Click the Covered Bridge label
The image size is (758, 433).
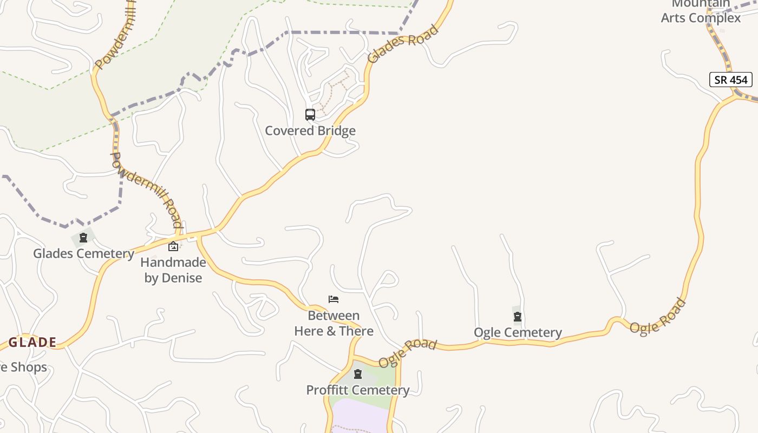click(310, 130)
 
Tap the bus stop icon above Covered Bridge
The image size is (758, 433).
click(310, 115)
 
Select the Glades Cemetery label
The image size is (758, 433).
click(83, 253)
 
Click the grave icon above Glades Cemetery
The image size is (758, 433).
click(83, 238)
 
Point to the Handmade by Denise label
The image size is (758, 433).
click(173, 270)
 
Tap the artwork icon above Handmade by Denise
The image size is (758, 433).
click(173, 246)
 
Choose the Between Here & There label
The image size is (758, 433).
click(334, 323)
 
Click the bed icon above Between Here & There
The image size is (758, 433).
click(334, 299)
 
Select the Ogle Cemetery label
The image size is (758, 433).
click(518, 332)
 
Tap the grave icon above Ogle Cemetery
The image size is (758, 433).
click(518, 317)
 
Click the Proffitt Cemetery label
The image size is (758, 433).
click(357, 390)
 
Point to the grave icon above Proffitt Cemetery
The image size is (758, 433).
click(357, 374)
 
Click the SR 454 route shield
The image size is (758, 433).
click(731, 80)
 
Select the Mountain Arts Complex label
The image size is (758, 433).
click(701, 12)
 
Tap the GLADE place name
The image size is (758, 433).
click(32, 342)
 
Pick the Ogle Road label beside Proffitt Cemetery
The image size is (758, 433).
click(407, 353)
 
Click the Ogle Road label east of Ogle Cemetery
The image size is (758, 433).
click(658, 316)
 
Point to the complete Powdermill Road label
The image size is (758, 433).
click(146, 189)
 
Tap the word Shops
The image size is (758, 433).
click(29, 367)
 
